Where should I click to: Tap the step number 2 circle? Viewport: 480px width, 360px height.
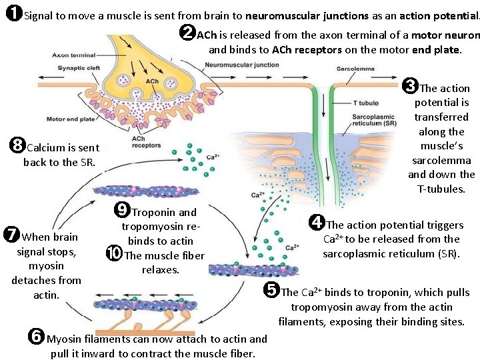(189, 32)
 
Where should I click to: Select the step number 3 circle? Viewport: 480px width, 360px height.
(411, 85)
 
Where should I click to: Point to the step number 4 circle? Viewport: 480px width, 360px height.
(317, 223)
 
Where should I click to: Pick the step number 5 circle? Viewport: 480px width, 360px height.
(271, 290)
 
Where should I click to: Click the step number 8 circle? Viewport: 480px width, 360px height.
(18, 145)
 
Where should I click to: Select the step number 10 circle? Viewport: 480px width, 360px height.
(114, 253)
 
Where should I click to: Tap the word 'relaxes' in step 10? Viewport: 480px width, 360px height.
(161, 269)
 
